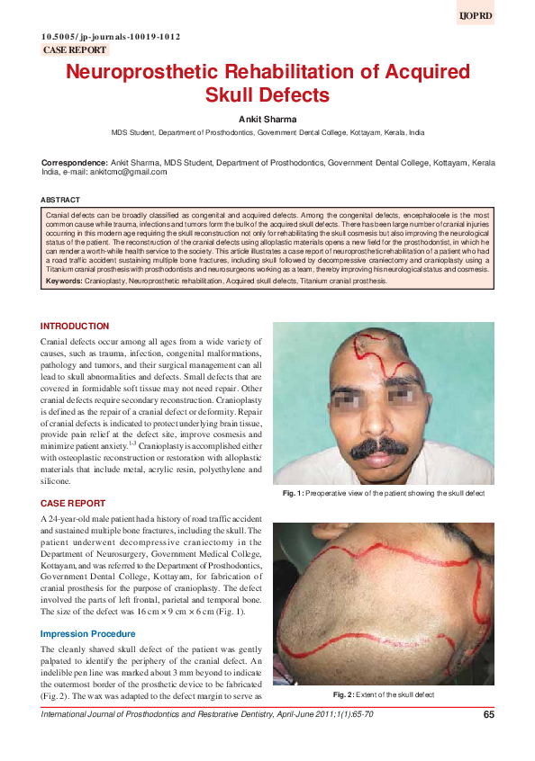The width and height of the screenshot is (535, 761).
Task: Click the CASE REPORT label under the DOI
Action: (75, 50)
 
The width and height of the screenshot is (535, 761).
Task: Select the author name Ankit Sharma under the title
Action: (267, 118)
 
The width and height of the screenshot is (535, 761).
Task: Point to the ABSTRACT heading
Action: (60, 199)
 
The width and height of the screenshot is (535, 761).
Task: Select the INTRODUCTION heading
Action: (75, 326)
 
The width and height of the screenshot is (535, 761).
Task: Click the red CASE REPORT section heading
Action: (73, 504)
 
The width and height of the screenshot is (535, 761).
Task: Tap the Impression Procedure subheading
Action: (86, 634)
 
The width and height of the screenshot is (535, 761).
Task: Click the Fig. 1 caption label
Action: (292, 494)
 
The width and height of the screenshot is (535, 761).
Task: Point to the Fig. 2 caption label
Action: (342, 695)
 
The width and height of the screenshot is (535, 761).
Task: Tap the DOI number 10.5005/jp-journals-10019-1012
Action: (111, 37)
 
